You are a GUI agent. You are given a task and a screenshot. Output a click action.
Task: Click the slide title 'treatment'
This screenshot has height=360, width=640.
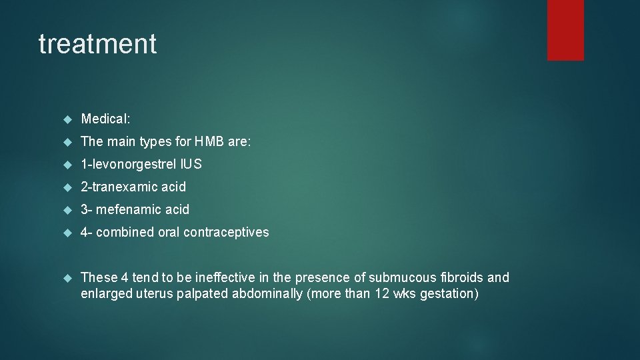97,44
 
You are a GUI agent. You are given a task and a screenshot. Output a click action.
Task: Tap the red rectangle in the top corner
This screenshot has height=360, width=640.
565,30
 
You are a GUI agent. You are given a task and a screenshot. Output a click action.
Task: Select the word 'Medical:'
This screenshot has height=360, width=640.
105,119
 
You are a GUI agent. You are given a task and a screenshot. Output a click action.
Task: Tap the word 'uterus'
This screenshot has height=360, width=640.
155,294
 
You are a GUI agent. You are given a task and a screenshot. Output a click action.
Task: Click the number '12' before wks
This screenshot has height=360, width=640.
381,294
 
